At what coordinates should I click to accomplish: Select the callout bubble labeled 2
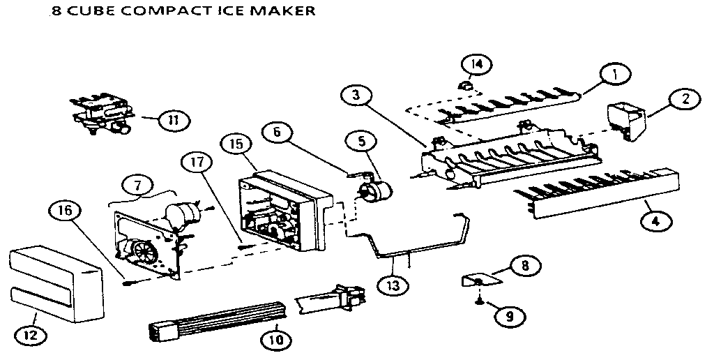click(685, 100)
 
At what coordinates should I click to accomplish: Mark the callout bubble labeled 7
click(137, 185)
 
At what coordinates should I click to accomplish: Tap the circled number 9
click(510, 316)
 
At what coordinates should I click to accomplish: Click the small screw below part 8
click(478, 301)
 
